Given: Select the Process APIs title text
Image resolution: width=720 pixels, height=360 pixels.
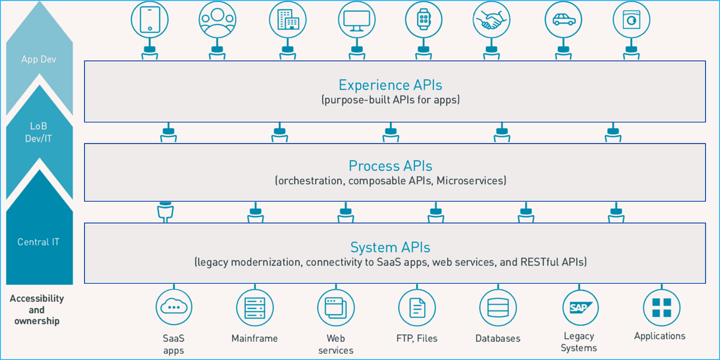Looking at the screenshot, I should click(391, 166).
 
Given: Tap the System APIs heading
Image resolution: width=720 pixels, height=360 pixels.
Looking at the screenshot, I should click(391, 247).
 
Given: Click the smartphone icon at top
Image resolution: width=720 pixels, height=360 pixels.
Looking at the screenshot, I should click(149, 19).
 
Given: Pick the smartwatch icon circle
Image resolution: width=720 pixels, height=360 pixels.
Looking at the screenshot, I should click(424, 19).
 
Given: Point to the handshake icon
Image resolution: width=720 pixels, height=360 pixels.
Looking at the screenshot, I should click(492, 19).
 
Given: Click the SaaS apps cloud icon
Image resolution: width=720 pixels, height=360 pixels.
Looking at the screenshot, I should click(174, 307).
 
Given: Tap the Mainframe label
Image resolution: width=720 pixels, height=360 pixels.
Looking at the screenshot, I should click(254, 338).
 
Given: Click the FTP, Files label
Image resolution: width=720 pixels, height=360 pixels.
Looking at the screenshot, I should click(417, 338).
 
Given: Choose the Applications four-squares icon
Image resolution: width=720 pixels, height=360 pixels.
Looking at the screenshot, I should click(661, 307).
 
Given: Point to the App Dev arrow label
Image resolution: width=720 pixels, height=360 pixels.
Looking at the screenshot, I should click(38, 59).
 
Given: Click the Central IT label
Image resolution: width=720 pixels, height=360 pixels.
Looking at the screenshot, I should click(38, 242).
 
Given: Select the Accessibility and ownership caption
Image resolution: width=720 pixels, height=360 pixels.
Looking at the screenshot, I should click(37, 310).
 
